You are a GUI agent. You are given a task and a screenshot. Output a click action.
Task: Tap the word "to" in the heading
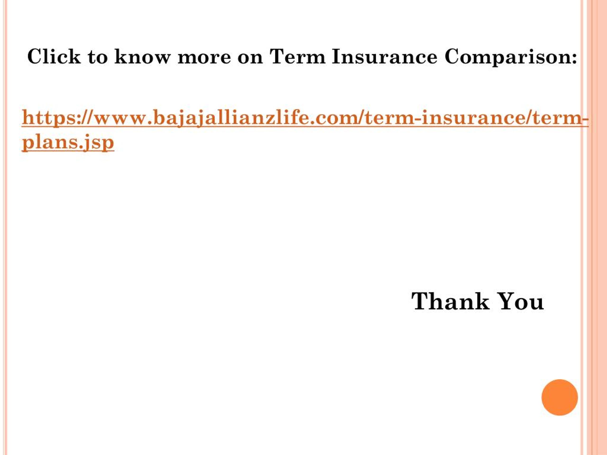click(x=97, y=57)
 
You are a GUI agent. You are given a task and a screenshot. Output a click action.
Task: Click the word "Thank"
click(x=450, y=301)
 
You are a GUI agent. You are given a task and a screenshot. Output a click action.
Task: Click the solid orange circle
click(x=560, y=397)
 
